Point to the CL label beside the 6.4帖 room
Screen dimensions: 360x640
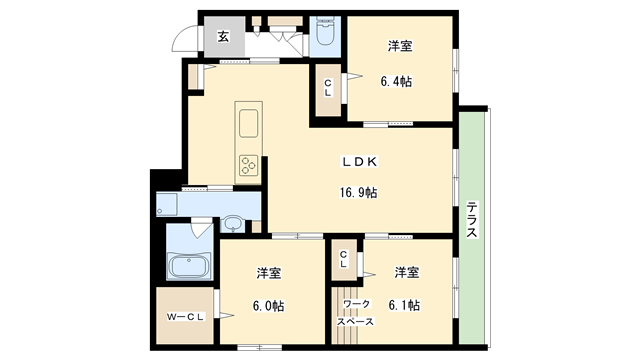click(327, 88)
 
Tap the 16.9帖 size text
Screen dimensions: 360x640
click(357, 192)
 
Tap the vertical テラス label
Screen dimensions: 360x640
click(471, 219)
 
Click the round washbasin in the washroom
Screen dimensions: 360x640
click(233, 223)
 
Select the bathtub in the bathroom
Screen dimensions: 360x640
click(188, 267)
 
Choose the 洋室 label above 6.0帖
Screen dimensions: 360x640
click(267, 273)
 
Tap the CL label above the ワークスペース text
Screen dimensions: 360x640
click(343, 259)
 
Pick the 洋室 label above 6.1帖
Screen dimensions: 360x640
click(405, 272)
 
